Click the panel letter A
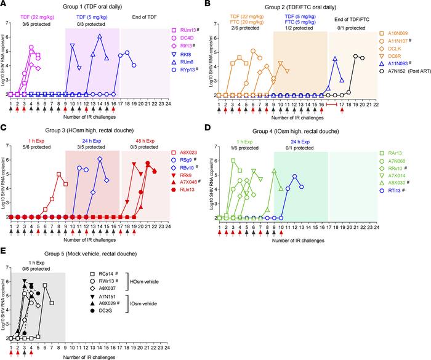[4, 4]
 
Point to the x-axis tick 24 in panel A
[169, 104]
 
